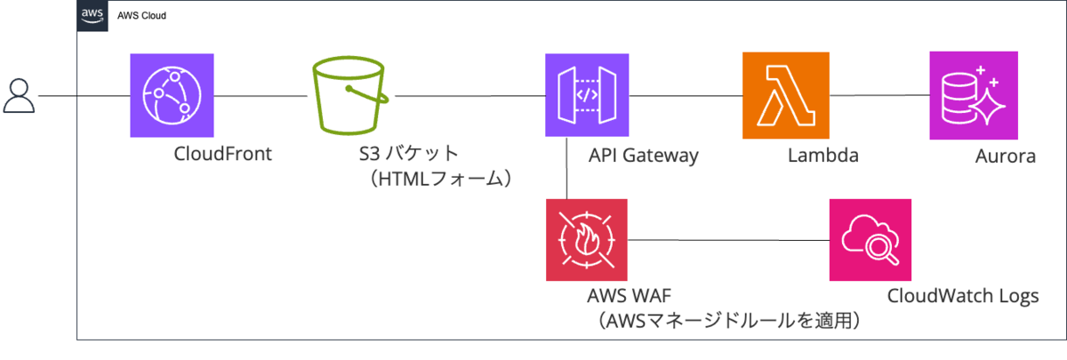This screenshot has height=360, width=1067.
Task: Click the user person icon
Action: click(x=19, y=95)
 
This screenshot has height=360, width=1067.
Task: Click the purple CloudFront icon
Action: click(x=171, y=95)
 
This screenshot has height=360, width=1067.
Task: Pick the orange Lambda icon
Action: click(x=783, y=94)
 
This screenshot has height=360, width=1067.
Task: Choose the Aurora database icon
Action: click(x=971, y=95)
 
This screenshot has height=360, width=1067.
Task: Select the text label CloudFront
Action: click(x=223, y=155)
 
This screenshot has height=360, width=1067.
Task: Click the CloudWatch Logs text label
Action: click(x=962, y=295)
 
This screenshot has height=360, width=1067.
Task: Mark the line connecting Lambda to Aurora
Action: click(x=876, y=95)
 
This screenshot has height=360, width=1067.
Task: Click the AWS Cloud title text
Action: click(x=141, y=16)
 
